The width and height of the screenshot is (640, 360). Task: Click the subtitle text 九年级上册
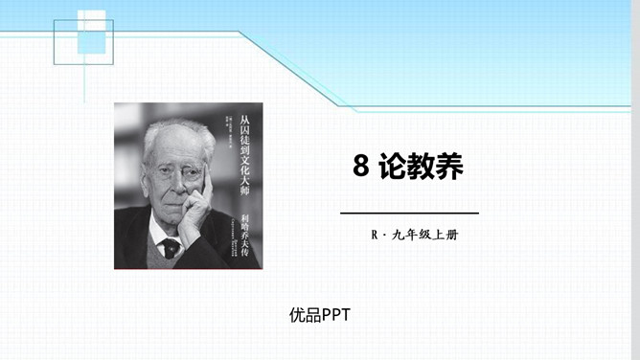pyautogui.click(x=425, y=235)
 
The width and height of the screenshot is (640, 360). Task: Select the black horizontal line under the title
pyautogui.click(x=410, y=213)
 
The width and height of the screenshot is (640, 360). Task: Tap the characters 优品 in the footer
pyautogui.click(x=305, y=314)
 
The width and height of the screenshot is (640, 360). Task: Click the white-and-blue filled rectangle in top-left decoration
pyautogui.click(x=91, y=30)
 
